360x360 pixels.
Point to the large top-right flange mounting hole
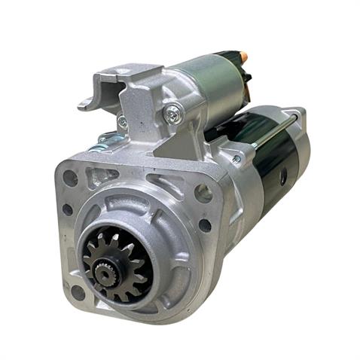coord(203,194)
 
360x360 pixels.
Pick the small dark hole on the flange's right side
coord(205,224)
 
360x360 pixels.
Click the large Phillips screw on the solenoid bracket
coord(174,114)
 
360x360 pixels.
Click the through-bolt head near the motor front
coord(236,159)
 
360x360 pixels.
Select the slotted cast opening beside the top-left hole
coord(96,179)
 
